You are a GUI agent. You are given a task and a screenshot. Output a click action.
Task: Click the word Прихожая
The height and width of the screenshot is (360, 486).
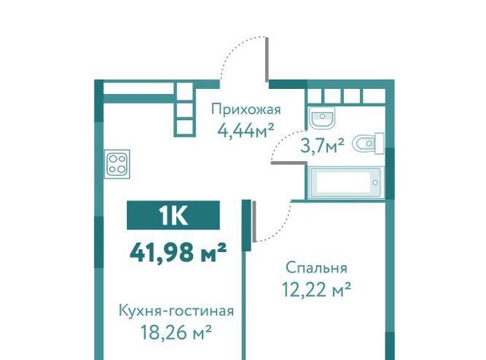246,110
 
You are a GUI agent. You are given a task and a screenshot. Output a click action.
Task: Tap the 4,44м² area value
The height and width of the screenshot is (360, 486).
246,131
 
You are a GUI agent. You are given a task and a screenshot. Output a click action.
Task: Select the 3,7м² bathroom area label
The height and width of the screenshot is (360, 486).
322,145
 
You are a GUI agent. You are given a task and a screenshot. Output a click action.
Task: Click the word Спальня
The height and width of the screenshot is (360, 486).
317,268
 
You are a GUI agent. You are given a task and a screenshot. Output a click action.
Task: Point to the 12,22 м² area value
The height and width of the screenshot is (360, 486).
317,289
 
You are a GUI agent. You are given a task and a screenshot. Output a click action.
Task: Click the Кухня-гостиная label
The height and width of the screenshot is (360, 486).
176,311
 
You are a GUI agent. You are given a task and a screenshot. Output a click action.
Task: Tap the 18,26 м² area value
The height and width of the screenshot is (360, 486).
176,332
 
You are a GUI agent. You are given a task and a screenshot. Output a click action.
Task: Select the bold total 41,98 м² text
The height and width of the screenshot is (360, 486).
178,252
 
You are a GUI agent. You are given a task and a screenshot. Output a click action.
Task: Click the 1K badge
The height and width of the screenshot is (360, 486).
173,215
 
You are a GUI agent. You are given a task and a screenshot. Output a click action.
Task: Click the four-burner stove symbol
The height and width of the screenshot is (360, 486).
117,164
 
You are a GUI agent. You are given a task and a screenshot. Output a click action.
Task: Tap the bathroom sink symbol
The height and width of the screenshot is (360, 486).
322,118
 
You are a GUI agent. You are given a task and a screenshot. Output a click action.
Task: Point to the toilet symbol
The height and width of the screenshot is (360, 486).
369,144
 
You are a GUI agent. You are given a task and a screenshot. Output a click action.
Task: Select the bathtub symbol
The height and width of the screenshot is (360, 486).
346,183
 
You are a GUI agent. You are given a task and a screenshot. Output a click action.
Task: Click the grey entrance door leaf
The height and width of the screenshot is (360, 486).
267,59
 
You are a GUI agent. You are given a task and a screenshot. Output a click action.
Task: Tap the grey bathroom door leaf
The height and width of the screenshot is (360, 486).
289,163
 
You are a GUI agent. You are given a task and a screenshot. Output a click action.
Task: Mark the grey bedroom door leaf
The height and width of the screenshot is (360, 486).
254,222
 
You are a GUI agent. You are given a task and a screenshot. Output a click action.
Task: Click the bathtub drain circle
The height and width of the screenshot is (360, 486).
375,183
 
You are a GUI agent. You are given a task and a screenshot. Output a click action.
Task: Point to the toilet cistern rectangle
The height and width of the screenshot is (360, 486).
380,144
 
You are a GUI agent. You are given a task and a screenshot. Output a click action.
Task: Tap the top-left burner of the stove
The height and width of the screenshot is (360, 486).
112,159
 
